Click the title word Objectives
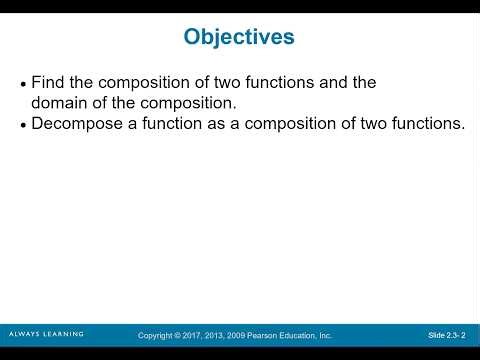coord(239,37)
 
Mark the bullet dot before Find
coord(24,85)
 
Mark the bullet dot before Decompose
coord(24,126)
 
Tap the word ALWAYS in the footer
coord(23,334)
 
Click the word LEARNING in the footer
coord(63,334)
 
